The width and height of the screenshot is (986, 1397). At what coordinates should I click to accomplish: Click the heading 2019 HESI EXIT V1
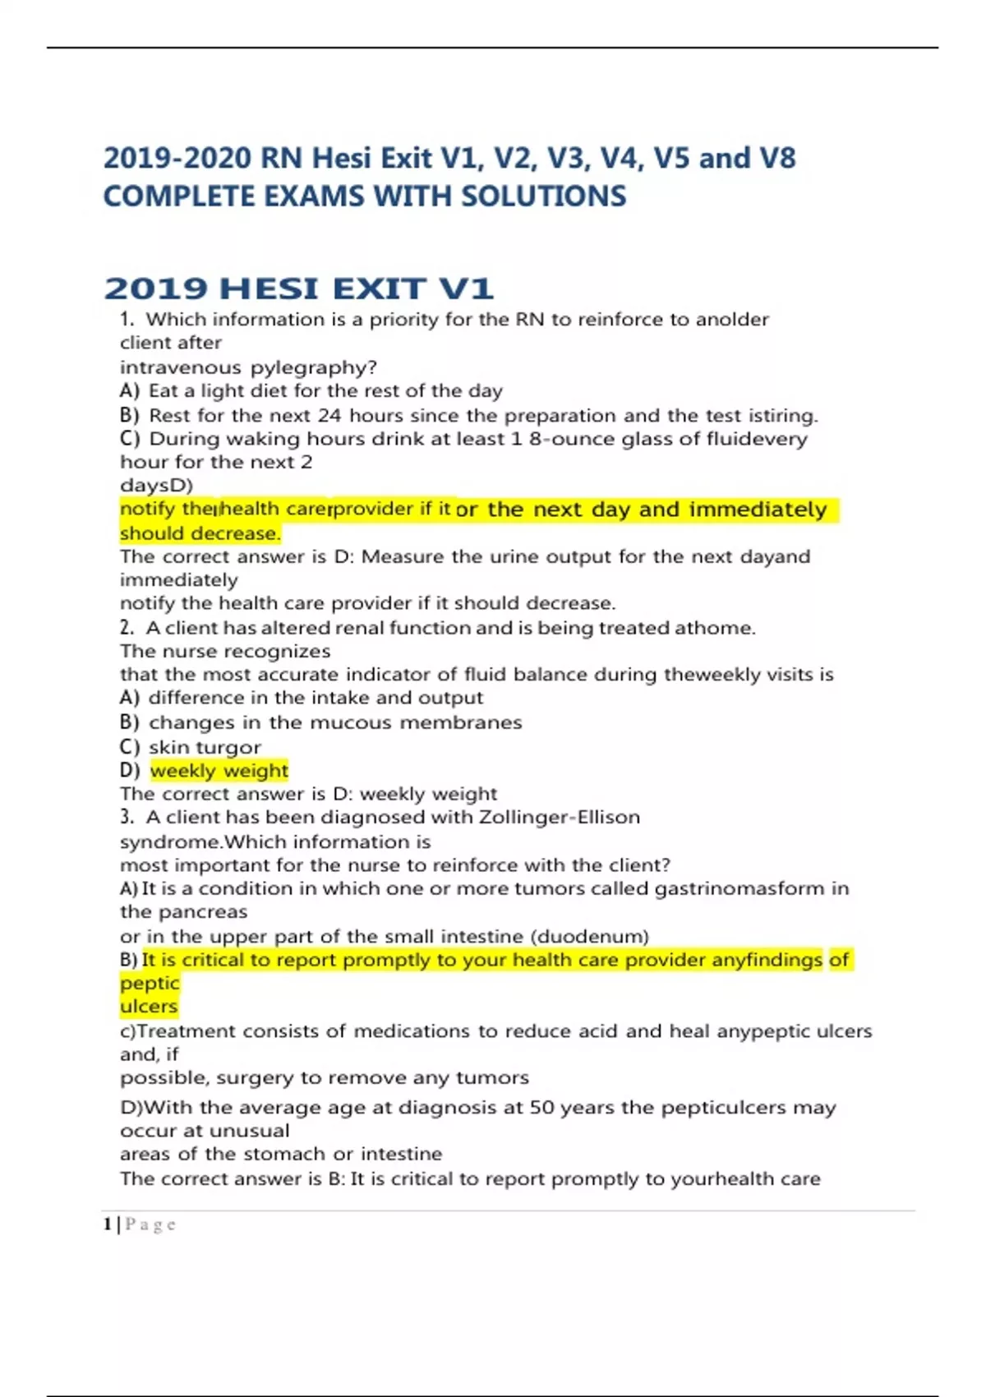point(298,288)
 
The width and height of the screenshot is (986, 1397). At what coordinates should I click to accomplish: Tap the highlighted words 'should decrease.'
point(200,533)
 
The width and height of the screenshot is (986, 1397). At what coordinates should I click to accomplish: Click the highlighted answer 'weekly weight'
point(219,771)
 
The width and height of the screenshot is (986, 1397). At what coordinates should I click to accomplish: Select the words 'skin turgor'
point(205,747)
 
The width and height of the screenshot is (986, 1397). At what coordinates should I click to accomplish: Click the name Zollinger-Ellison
point(559,818)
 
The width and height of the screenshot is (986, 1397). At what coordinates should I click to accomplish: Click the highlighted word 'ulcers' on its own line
point(149,1007)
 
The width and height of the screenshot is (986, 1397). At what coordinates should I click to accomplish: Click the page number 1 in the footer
point(108,1224)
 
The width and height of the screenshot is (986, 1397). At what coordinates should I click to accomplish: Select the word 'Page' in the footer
point(150,1224)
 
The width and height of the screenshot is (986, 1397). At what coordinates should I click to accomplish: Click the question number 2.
point(126,628)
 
